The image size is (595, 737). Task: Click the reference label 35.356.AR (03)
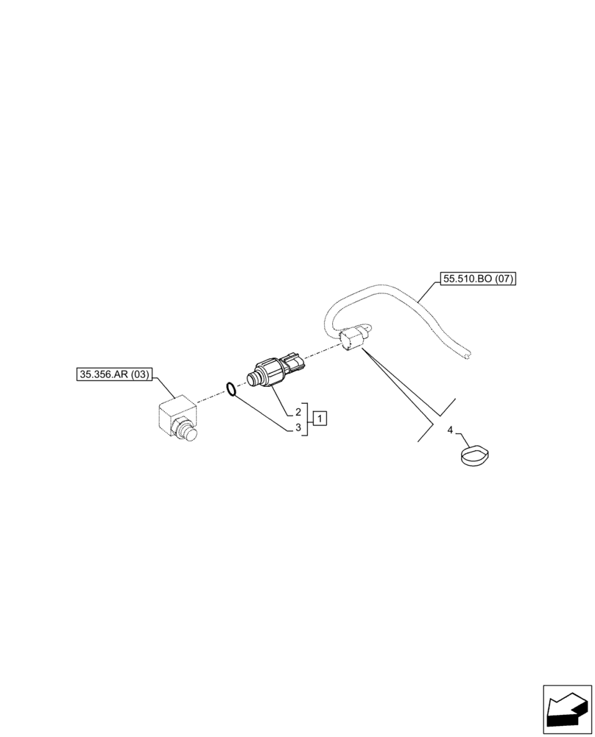113,374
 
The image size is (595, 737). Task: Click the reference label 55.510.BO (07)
479,279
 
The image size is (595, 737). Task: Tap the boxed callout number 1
320,419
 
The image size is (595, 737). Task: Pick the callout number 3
298,427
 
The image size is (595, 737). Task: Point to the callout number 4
450,430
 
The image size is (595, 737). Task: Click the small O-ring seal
230,388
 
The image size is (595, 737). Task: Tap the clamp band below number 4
474,456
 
